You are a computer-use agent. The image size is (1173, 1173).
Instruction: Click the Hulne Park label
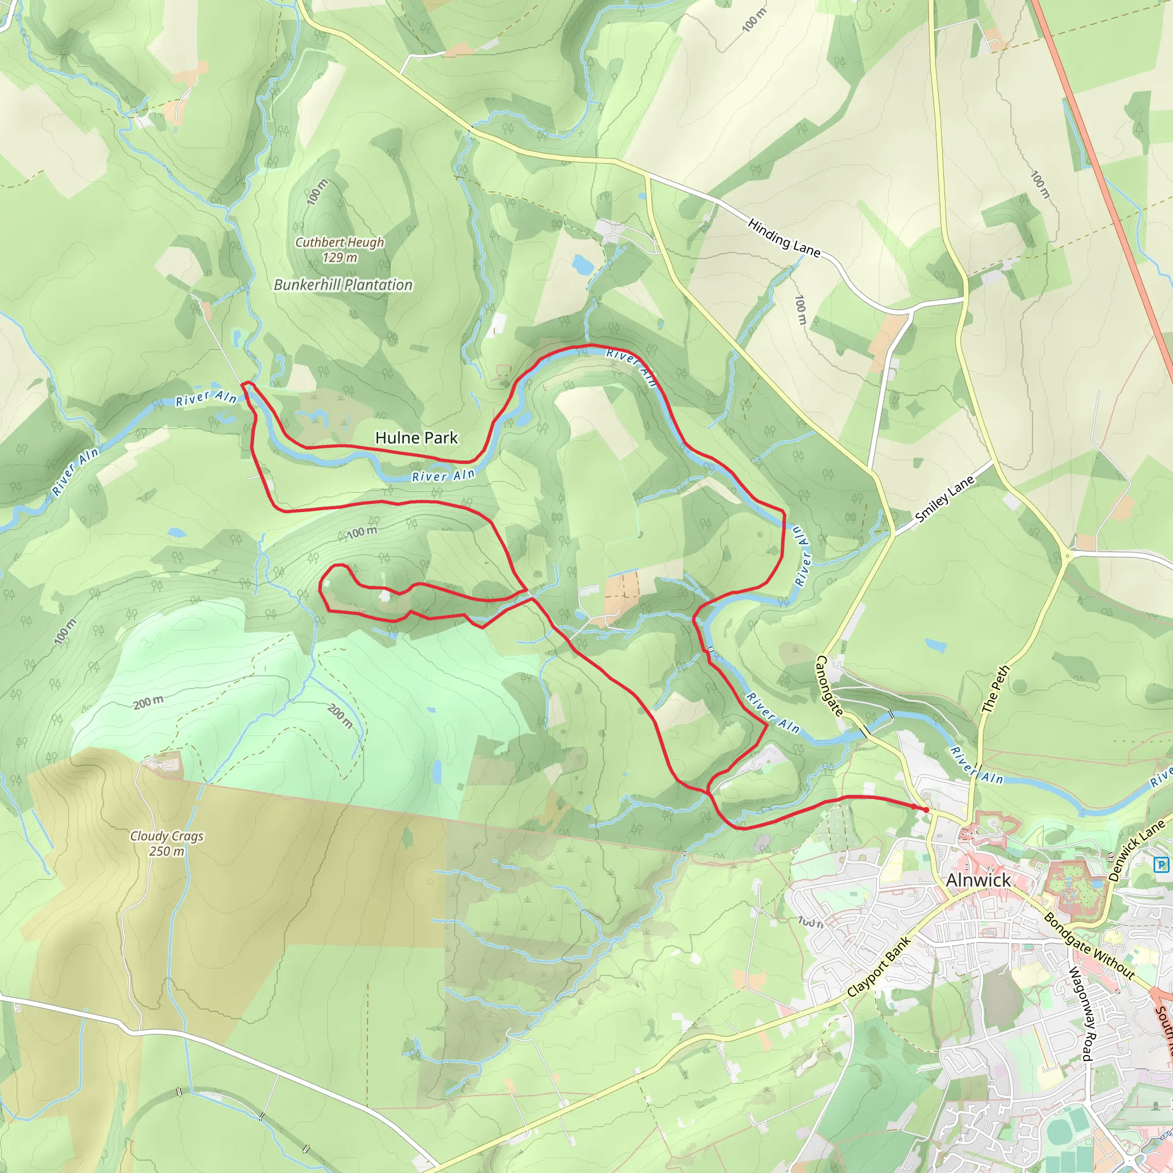point(416,438)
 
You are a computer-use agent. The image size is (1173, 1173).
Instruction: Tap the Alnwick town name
point(978,880)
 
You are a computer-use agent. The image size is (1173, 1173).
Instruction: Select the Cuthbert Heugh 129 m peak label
point(340,250)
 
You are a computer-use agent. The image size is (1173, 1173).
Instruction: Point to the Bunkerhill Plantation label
point(343,285)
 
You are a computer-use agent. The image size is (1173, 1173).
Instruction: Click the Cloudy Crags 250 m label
point(167,843)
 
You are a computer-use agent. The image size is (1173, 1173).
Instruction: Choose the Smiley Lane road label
point(944,499)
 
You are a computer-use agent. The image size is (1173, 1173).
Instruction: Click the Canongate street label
point(829,686)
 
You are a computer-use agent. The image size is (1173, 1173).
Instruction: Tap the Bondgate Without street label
point(1089,945)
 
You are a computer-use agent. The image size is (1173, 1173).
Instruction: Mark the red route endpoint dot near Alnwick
point(926,810)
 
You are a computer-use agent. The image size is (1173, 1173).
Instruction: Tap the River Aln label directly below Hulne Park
point(443,476)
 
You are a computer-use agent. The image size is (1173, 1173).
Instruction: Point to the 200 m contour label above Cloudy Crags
point(148,702)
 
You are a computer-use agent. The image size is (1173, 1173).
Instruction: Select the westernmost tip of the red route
point(242,384)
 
